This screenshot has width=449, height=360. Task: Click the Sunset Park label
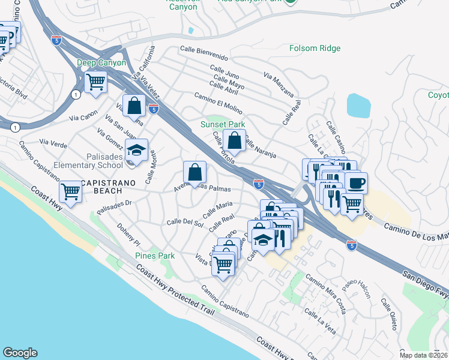[x=223, y=124]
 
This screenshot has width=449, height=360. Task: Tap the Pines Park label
[x=155, y=256]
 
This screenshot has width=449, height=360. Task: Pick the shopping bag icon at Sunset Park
[x=235, y=141]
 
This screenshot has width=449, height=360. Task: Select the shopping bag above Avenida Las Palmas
[x=194, y=172]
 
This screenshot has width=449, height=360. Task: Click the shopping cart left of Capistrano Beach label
[x=71, y=192]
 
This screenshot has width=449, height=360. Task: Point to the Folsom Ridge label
[x=315, y=49]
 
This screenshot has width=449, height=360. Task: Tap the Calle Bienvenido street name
[x=204, y=53]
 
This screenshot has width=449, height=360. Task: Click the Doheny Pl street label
[x=128, y=238]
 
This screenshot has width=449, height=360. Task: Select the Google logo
[x=20, y=353]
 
